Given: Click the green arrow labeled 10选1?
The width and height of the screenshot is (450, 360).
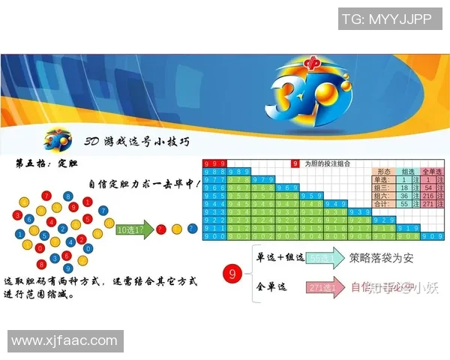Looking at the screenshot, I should [x=133, y=228].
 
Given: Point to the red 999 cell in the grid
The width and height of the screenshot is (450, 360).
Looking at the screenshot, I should [x=214, y=163].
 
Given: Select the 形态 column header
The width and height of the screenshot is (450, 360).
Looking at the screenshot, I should [x=384, y=171].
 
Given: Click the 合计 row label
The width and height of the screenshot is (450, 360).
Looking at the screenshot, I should [x=382, y=203].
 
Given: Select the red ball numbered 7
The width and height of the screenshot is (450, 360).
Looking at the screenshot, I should [x=46, y=196].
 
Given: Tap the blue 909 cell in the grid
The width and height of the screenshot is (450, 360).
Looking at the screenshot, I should [x=432, y=235].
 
